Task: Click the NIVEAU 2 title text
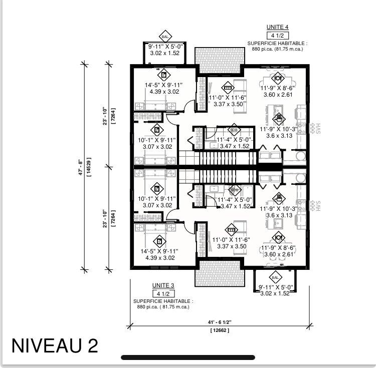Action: (x=55, y=345)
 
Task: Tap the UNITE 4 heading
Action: (x=277, y=27)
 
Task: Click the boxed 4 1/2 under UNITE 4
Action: (x=277, y=36)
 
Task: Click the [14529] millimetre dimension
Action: (x=89, y=165)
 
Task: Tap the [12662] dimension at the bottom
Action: (x=220, y=330)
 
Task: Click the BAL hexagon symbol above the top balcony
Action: (x=165, y=37)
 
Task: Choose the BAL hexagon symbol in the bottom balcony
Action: (x=275, y=277)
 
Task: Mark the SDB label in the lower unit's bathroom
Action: (x=234, y=190)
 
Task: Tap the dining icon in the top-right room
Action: (x=278, y=78)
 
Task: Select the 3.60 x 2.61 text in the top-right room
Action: (x=278, y=95)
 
